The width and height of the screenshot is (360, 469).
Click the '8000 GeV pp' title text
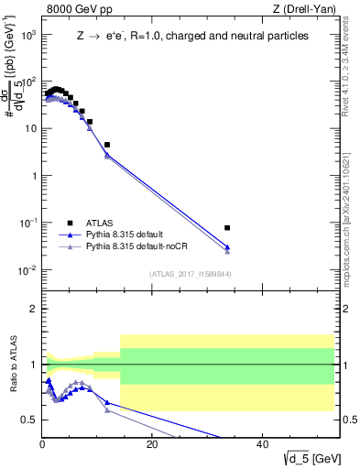77,10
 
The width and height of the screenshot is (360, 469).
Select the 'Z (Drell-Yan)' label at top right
302,10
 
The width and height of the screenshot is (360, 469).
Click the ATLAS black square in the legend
70,222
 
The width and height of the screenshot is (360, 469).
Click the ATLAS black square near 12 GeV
107,145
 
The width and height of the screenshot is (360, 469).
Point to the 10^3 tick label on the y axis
27,34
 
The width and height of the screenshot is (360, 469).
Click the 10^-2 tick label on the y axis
27,270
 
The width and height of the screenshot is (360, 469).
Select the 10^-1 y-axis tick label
27,223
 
